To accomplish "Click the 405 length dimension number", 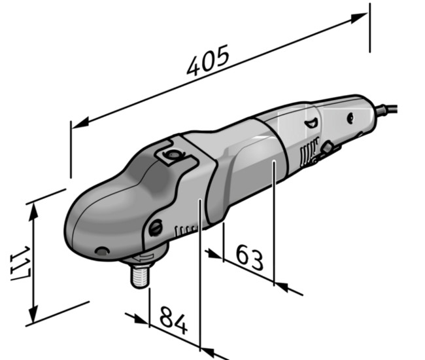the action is point(208,60).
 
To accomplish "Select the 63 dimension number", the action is point(250,257).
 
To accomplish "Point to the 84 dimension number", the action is point(173,320).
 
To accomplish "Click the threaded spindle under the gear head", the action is point(140,276).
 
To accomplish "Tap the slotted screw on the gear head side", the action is point(156,228).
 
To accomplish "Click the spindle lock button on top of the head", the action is point(173,155).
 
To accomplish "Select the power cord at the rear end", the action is point(386,109).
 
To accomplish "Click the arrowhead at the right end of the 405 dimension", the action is point(359,18).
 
